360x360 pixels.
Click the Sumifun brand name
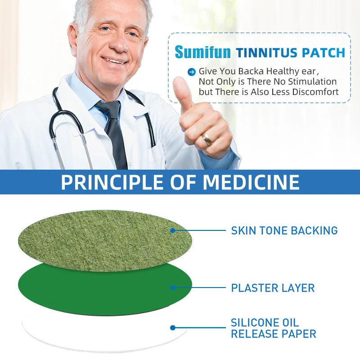click(x=202, y=52)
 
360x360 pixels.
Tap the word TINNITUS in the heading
click(x=267, y=53)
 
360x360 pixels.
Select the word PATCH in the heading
click(x=323, y=53)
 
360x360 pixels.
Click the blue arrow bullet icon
click(x=192, y=72)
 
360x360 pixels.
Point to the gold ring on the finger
click(x=207, y=139)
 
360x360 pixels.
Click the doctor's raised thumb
click(x=183, y=92)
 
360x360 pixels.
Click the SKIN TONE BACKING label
click(x=284, y=230)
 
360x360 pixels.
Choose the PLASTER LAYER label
click(x=273, y=288)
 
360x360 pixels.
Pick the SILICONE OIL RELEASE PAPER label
click(x=274, y=328)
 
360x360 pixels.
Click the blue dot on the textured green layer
click(x=173, y=230)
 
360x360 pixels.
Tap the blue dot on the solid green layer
click(x=173, y=288)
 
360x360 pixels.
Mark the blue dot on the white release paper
click(x=173, y=328)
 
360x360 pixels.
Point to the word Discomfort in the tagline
click(x=315, y=92)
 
